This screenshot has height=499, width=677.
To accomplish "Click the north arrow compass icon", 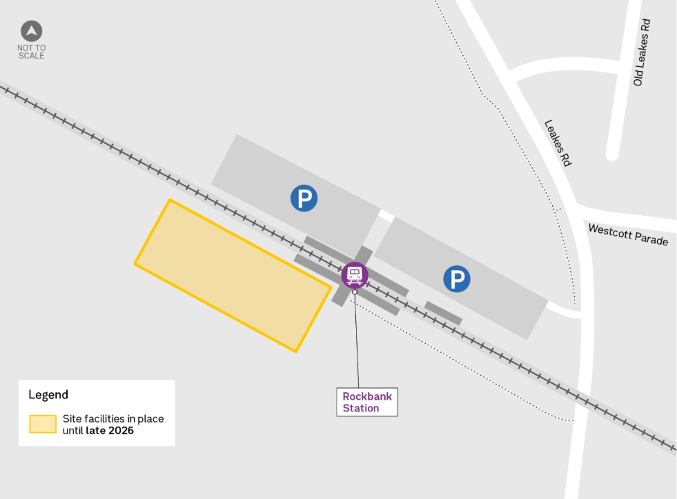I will (32, 31).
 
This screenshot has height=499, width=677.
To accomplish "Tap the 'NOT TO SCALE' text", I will (32, 52).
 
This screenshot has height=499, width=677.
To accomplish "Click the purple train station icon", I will (355, 275).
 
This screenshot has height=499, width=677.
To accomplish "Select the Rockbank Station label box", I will (367, 402).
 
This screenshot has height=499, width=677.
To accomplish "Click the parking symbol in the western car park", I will (304, 198).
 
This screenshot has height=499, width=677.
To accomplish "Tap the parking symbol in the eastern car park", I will (456, 279).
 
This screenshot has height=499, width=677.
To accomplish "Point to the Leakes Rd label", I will (558, 143).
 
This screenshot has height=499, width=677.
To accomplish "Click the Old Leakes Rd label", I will (642, 52).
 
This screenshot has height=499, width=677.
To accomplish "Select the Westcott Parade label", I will (628, 234).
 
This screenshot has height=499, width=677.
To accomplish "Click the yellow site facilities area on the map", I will (232, 275).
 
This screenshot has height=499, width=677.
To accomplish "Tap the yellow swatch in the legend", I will (43, 424).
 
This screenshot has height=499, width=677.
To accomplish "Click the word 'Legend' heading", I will (48, 395).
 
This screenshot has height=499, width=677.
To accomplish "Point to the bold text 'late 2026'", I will (110, 431).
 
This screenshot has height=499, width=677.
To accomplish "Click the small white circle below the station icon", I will (355, 292).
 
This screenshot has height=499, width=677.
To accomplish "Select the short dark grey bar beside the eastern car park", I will (443, 312).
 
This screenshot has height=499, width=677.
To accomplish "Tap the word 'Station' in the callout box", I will (361, 408).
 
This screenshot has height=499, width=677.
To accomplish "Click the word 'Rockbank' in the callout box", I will (367, 396).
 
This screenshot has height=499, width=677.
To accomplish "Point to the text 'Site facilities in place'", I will (113, 418).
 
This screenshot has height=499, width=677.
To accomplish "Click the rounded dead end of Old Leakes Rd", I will (612, 154).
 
